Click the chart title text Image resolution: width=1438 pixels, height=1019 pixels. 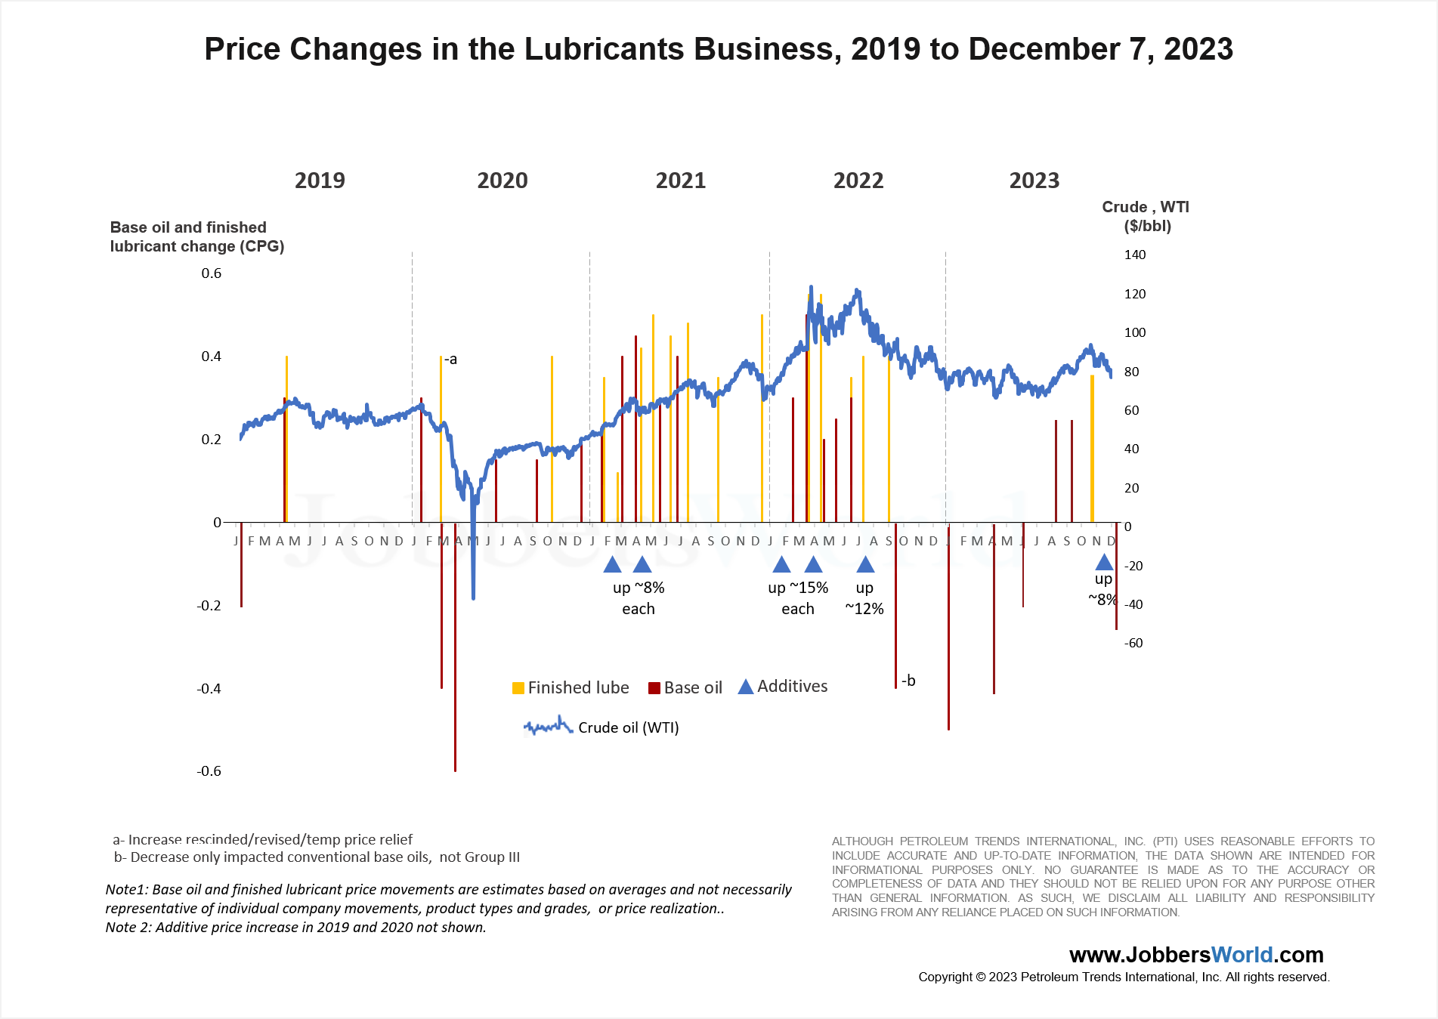718,49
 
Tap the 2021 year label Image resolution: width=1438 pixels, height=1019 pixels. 680,181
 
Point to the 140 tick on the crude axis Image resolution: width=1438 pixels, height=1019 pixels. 1134,255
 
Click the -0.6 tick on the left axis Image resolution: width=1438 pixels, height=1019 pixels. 209,771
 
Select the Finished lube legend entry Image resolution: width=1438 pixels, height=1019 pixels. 571,687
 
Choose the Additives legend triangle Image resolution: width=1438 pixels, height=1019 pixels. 746,687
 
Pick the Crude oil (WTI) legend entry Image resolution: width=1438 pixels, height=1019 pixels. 601,727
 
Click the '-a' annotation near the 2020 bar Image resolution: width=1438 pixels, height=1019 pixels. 450,360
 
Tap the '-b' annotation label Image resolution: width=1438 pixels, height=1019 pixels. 908,681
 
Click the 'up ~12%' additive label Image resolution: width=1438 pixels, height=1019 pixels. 864,598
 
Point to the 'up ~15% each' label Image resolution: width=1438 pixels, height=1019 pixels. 798,598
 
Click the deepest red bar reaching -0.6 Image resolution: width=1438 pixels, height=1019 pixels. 455,680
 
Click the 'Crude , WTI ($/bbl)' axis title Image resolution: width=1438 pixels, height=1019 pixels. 1146,216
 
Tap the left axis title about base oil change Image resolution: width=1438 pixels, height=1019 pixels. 196,236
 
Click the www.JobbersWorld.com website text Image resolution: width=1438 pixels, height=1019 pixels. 1196,955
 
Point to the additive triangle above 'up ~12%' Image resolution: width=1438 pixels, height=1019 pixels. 865,564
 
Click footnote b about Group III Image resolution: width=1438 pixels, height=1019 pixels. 317,857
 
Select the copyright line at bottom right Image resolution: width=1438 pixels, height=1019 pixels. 1124,977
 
